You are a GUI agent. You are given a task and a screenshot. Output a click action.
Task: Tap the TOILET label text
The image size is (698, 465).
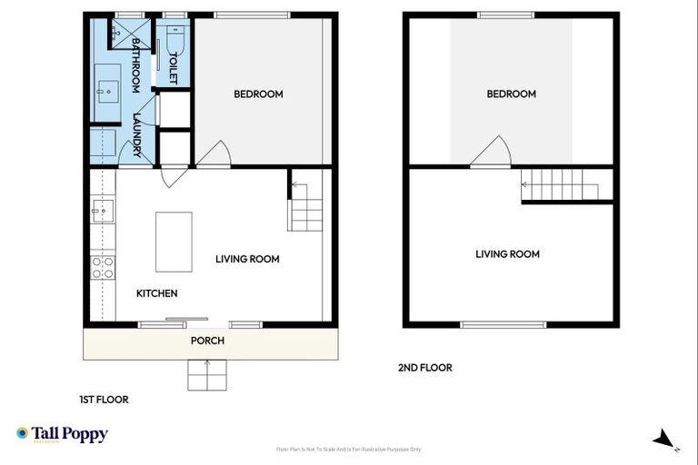[173, 68]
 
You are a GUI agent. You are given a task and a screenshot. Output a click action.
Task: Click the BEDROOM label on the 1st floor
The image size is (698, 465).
[258, 94]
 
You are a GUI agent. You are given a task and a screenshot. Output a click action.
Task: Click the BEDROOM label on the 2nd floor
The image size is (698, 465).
[511, 94]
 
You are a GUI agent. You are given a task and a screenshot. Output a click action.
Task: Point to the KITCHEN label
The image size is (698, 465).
[156, 293]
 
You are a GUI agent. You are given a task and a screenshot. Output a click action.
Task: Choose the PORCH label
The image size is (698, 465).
[207, 341]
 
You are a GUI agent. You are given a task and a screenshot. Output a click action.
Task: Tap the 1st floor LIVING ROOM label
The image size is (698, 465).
[247, 259]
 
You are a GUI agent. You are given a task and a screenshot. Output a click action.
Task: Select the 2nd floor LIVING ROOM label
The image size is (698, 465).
[507, 254]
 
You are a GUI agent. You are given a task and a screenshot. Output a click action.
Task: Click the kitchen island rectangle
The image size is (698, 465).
[174, 242]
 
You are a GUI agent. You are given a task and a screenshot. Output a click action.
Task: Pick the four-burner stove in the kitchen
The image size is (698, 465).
[103, 267]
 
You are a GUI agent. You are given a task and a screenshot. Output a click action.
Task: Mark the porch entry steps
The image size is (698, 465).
[207, 374]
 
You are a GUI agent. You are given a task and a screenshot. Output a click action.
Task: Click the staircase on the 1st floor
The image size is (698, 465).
[305, 208]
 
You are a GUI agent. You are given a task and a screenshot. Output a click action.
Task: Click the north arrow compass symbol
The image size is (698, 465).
[664, 440]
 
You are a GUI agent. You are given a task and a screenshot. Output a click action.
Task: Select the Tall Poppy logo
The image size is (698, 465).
[62, 434]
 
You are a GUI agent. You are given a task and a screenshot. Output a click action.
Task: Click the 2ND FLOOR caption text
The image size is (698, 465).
[424, 368]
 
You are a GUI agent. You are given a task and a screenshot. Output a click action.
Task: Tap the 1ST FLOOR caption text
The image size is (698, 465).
[103, 399]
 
